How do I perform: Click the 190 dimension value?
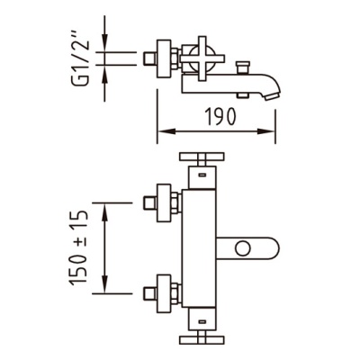click(x=220, y=116)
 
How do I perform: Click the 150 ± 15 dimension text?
click(x=78, y=247)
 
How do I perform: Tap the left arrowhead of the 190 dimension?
click(x=166, y=131)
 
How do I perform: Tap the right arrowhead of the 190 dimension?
click(x=266, y=131)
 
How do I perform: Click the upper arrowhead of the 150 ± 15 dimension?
click(x=104, y=211)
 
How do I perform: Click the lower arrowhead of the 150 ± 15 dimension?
click(x=104, y=284)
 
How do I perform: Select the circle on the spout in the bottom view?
click(x=243, y=248)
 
